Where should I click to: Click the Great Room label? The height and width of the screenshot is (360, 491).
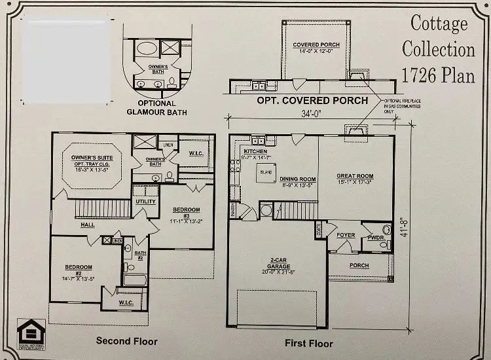coord(355,176)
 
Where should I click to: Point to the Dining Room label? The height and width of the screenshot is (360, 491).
coord(298,179)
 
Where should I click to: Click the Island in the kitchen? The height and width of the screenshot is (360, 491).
coord(266,173)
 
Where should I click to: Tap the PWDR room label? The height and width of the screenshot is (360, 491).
coord(376,238)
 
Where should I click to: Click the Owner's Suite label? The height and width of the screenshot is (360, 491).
coord(92,158)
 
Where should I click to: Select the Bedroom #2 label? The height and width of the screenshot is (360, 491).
coord(78,267)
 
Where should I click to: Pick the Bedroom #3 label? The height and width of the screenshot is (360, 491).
coord(186,210)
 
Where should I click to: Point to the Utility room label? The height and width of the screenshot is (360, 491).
coord(145,202)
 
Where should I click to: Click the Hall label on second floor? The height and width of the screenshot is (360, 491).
coord(88,225)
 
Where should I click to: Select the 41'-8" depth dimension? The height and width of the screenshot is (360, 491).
coord(405,227)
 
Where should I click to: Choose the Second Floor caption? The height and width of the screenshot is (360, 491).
coord(127,341)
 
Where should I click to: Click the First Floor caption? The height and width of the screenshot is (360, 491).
coord(308,343)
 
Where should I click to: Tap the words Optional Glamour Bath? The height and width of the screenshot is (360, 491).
coord(157,108)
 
